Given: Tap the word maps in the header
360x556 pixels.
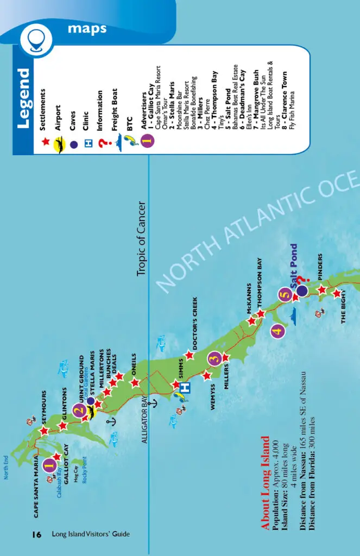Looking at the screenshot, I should (x=87, y=28).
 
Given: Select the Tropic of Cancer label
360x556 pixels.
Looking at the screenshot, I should (x=143, y=239).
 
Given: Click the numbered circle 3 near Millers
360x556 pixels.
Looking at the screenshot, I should (x=214, y=358).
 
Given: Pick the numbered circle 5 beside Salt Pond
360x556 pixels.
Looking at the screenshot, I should (x=284, y=295).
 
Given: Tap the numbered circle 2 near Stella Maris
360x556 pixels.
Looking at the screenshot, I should (x=79, y=410).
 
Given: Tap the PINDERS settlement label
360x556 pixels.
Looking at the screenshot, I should (x=320, y=267).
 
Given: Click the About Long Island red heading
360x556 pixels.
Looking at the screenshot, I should (x=265, y=483).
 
